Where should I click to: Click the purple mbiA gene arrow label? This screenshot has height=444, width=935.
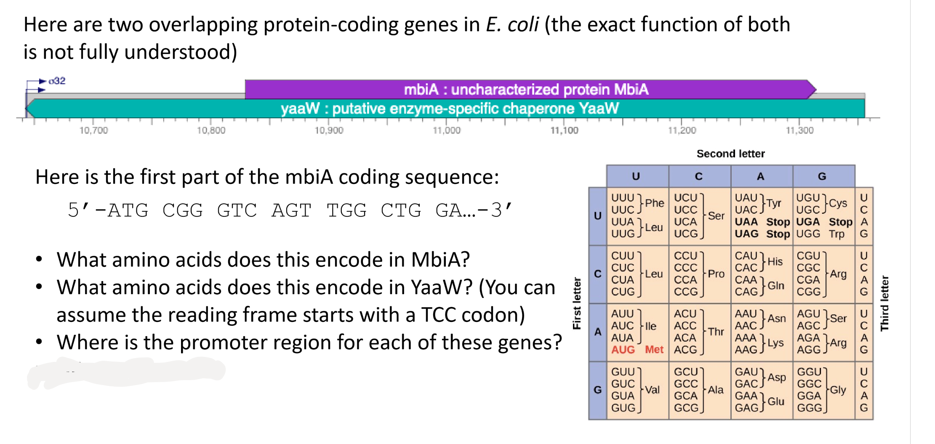[526, 89]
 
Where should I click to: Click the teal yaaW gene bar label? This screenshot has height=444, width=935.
[450, 109]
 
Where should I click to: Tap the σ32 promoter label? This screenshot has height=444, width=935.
[57, 80]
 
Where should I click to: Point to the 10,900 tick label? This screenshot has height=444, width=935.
[329, 130]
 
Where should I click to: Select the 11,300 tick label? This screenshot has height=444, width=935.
[799, 130]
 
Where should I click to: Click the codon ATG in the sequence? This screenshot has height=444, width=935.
[128, 210]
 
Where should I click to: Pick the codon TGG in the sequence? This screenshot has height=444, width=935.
[346, 210]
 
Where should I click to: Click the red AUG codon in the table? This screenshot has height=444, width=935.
[623, 349]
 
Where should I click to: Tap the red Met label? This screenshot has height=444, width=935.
[654, 349]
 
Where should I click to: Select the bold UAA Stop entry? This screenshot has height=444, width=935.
[762, 222]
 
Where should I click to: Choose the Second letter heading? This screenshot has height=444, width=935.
[730, 154]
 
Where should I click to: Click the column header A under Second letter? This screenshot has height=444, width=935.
[760, 176]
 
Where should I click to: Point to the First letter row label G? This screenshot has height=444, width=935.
[597, 390]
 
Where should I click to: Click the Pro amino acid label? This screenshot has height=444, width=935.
[716, 274]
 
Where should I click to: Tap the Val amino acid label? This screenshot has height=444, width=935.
[652, 390]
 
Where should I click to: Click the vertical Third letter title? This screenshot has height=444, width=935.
[884, 303]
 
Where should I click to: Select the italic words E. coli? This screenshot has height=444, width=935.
[512, 24]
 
